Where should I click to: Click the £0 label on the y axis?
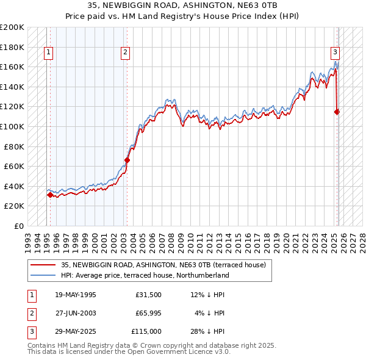19,226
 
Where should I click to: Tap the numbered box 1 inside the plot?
48,53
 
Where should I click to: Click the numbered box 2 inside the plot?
124,53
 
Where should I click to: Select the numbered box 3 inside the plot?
335,53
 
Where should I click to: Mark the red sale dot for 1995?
50,195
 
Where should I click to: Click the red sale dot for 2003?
127,160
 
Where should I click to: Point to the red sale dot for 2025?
337,112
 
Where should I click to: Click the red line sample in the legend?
43,265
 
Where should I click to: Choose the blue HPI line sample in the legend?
43,276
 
